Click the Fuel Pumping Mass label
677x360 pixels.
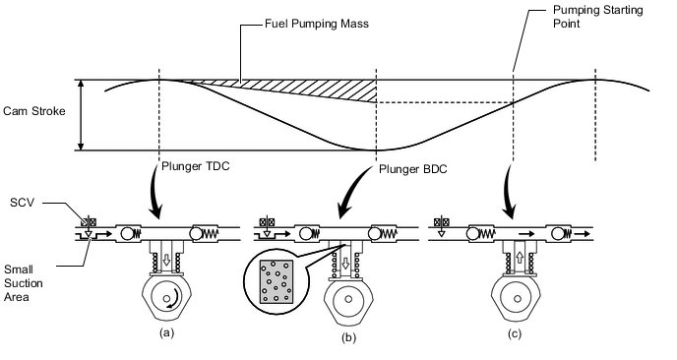(317, 24)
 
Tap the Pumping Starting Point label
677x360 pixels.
(598, 17)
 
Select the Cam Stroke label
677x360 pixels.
(34, 111)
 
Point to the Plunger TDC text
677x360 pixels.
(196, 166)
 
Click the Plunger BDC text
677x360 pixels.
(413, 169)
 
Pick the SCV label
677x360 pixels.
(22, 203)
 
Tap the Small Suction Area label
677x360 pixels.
(24, 283)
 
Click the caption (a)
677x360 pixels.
(166, 332)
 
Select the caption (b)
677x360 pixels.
(348, 337)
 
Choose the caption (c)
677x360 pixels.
(515, 333)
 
